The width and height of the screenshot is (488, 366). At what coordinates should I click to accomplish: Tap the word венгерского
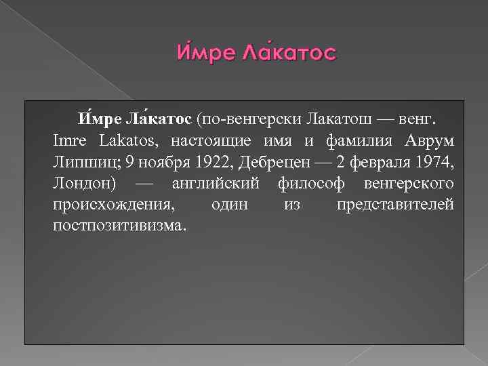[409, 184]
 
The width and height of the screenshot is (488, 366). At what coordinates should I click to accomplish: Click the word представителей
[395, 205]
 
